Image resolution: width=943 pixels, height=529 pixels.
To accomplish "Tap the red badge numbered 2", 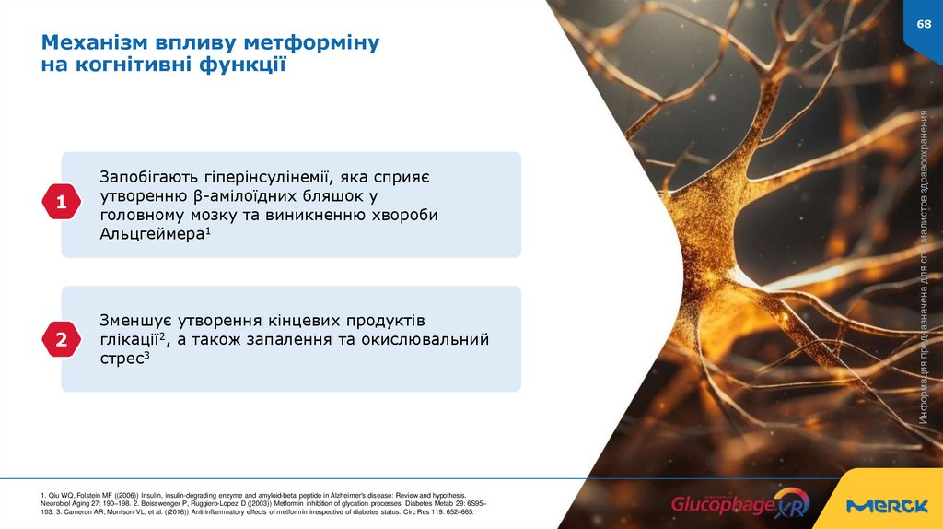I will [x=62, y=340].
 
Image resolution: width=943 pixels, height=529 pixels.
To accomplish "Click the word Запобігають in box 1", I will [x=146, y=175].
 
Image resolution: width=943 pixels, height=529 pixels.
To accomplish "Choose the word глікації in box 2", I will [x=129, y=340].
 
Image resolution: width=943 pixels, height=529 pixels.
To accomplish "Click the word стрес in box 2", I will [x=121, y=360].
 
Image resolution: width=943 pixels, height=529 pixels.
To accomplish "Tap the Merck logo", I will [x=887, y=506].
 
